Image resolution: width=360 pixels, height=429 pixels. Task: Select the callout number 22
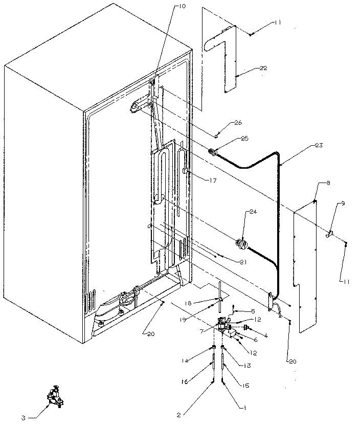(x=263, y=68)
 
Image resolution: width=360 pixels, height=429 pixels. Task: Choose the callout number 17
(x=206, y=179)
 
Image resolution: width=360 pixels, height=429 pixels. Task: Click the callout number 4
(x=265, y=335)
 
